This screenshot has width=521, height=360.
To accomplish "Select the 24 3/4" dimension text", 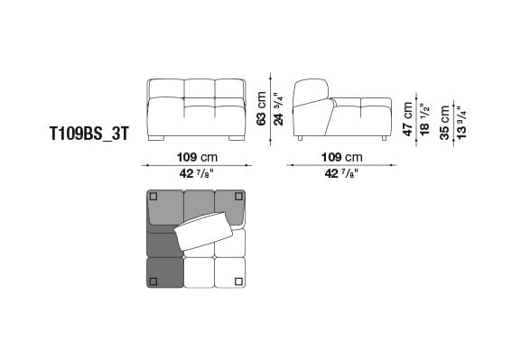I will (277, 108).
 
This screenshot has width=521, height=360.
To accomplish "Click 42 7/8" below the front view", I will (196, 173).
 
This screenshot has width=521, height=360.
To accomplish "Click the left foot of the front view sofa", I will (159, 139).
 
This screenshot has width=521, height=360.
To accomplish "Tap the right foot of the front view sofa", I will (236, 139).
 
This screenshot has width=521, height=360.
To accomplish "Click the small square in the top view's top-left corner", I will (154, 197).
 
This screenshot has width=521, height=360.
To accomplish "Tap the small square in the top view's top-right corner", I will (240, 197).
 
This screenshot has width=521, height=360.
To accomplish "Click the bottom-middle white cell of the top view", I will (198, 272).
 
